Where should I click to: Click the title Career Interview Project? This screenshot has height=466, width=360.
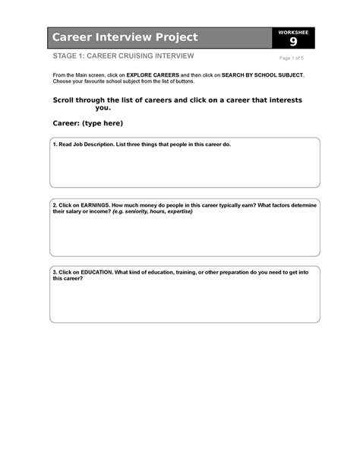point(125,37)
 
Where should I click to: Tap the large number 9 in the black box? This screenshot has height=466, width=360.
point(293,42)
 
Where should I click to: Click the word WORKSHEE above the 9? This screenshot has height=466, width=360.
point(293,32)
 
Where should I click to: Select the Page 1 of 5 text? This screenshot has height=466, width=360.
point(292,59)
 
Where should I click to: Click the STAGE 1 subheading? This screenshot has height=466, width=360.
point(123,56)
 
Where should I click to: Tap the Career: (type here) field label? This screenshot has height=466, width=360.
point(87,123)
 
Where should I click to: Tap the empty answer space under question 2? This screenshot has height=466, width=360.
point(185,236)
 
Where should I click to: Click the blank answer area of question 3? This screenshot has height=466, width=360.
point(185,302)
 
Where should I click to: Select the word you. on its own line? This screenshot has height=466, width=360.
point(103,108)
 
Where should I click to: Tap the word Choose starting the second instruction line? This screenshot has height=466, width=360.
point(62,82)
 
